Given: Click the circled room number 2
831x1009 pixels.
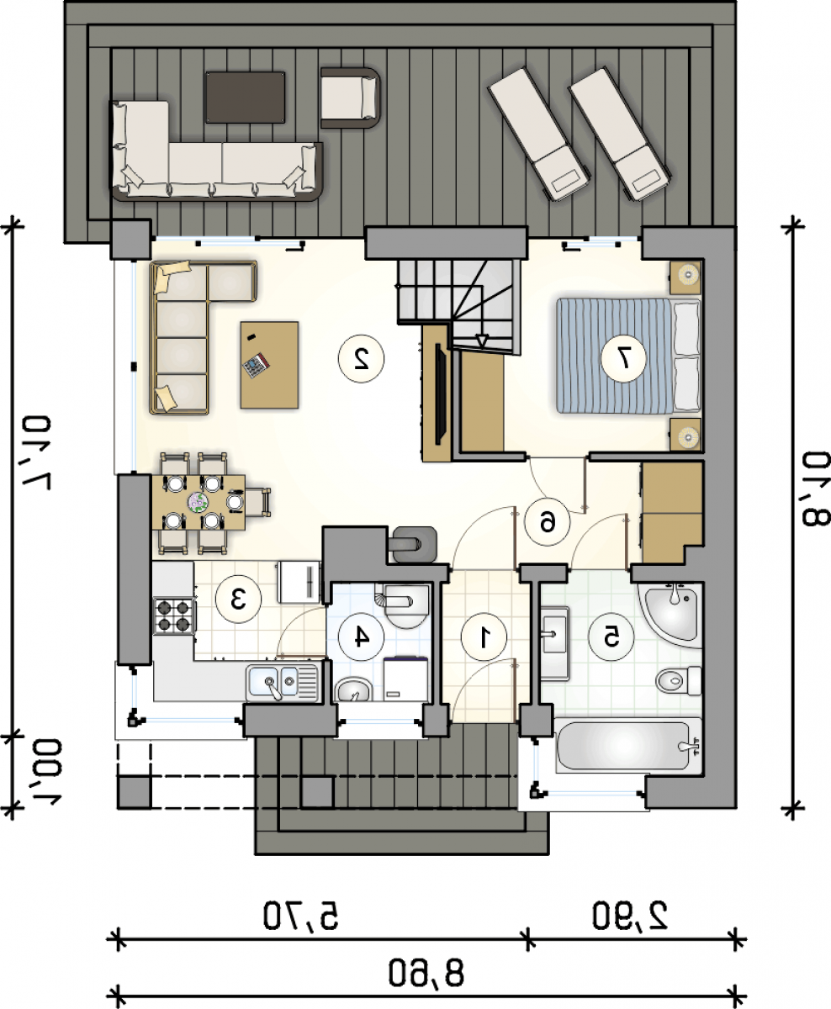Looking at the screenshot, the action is coord(361,359).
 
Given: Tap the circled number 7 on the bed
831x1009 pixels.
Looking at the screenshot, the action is coord(623,359).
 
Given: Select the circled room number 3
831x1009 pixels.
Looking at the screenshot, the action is coord(238,599).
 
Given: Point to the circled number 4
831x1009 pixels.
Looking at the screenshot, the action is coord(361,637).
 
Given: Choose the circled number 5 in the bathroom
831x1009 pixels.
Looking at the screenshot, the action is coord(611,637).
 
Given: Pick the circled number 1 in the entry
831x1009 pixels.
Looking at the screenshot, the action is coord(484,637).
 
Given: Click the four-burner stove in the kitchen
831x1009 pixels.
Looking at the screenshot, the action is coord(174,615).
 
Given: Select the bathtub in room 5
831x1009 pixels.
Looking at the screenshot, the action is coord(628,745).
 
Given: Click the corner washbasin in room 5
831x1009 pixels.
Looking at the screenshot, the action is coord(673,611).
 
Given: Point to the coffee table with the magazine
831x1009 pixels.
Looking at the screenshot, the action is coord(269,365).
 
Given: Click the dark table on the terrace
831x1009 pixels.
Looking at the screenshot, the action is coord(245,98).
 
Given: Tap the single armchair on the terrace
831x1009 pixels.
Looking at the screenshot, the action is coord(349,98).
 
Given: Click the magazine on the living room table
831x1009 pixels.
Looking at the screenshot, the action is coord(256,365).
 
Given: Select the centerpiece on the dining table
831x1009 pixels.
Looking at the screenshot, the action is coord(198,503).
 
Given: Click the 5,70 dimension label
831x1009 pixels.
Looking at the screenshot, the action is coord(300,916).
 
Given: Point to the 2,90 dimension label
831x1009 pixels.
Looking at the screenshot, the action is coord(630,916).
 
